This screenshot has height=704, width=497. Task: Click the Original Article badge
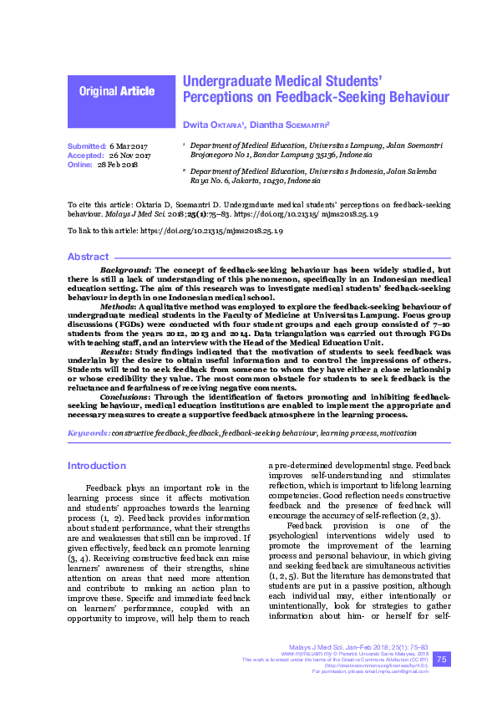pos(117,91)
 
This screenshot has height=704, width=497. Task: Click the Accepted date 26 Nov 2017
pos(129,156)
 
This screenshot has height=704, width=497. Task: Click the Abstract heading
pos(88,258)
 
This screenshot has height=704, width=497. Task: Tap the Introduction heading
pos(97,465)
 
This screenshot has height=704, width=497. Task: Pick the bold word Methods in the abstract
pos(116,307)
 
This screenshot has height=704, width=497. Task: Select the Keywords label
pos(88,433)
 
